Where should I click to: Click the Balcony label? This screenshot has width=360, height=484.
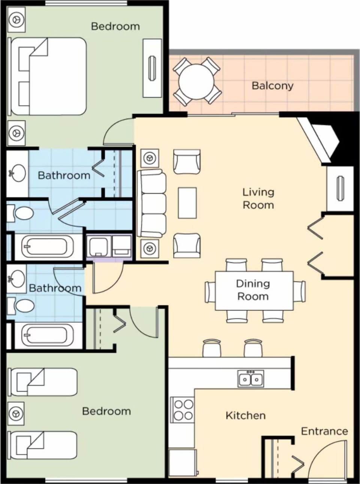click(x=272, y=86)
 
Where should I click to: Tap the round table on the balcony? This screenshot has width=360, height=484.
click(x=196, y=81)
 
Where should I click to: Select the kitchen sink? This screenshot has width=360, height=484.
click(x=250, y=378)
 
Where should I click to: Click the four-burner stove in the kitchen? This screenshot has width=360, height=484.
click(x=183, y=410)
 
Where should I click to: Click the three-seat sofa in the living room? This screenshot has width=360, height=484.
click(x=152, y=204)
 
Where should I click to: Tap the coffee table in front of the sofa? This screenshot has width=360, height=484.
click(x=187, y=203)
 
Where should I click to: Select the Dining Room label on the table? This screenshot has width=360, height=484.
click(x=253, y=290)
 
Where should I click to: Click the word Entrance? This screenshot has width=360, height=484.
click(x=324, y=431)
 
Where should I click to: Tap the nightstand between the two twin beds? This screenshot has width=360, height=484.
click(x=16, y=413)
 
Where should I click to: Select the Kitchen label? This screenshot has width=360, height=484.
click(x=246, y=415)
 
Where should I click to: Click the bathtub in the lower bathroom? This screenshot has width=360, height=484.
click(x=46, y=335)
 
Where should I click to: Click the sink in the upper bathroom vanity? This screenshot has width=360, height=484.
click(x=18, y=173)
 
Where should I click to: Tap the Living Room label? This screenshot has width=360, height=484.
click(x=258, y=198)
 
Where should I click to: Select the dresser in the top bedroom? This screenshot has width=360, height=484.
click(x=152, y=68)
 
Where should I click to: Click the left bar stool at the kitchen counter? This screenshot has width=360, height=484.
click(x=212, y=348)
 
